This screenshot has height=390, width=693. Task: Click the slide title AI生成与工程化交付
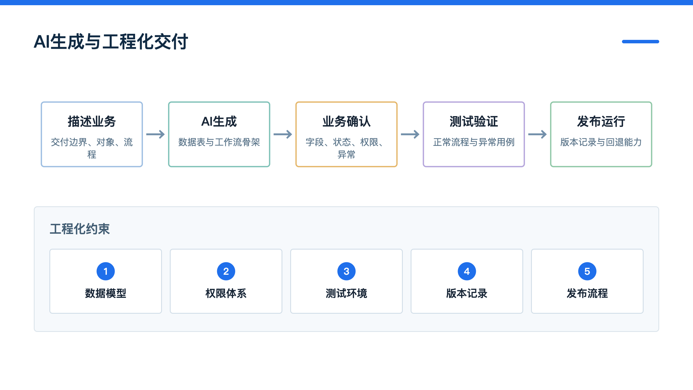(x=111, y=42)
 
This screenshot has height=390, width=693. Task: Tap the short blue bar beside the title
(x=640, y=42)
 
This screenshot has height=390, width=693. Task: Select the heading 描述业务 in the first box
(x=92, y=121)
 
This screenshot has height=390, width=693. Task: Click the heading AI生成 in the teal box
(x=219, y=121)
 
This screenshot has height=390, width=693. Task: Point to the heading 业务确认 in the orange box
(x=346, y=121)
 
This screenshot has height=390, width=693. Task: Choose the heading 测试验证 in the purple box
(x=474, y=121)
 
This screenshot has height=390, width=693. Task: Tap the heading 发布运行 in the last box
(x=601, y=121)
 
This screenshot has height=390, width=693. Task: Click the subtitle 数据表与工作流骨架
(x=219, y=142)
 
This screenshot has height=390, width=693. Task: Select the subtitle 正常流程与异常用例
(x=474, y=142)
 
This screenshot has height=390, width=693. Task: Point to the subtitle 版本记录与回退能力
(x=601, y=142)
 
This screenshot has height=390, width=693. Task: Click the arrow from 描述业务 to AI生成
(x=155, y=134)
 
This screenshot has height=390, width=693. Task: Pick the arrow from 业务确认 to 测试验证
(x=410, y=134)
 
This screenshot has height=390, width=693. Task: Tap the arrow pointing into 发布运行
(x=537, y=134)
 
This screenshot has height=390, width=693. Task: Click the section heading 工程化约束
(x=80, y=229)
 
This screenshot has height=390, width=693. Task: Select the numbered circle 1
(x=106, y=271)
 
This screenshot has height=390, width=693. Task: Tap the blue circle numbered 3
(x=346, y=271)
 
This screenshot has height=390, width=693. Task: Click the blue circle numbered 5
(x=587, y=271)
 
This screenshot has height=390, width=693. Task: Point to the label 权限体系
(x=226, y=293)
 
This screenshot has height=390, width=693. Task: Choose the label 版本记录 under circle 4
(x=467, y=293)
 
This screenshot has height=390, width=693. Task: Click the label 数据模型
(x=106, y=293)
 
